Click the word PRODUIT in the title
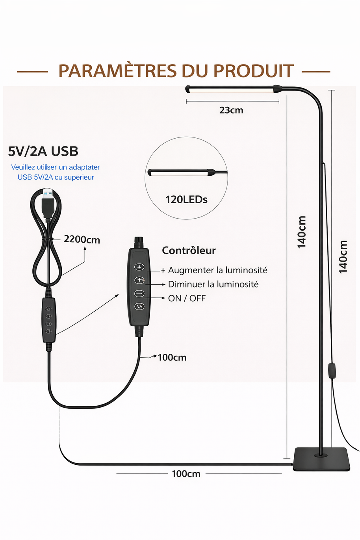pos(253,71)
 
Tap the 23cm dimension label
pos(231,110)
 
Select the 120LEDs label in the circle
pos(186,200)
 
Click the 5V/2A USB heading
pos(43,151)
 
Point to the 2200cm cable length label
pos(82,239)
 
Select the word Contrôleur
pos(189,251)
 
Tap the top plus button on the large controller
pos(139,267)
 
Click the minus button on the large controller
pos(139,293)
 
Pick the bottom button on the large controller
pos(139,306)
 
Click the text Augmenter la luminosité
pos(218,270)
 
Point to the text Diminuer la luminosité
pos(213,284)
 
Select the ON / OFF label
pos(187,299)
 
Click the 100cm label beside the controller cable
pos(172,358)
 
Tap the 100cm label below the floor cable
pos(186,474)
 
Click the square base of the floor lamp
pos(321,459)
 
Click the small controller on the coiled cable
pos(49,320)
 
